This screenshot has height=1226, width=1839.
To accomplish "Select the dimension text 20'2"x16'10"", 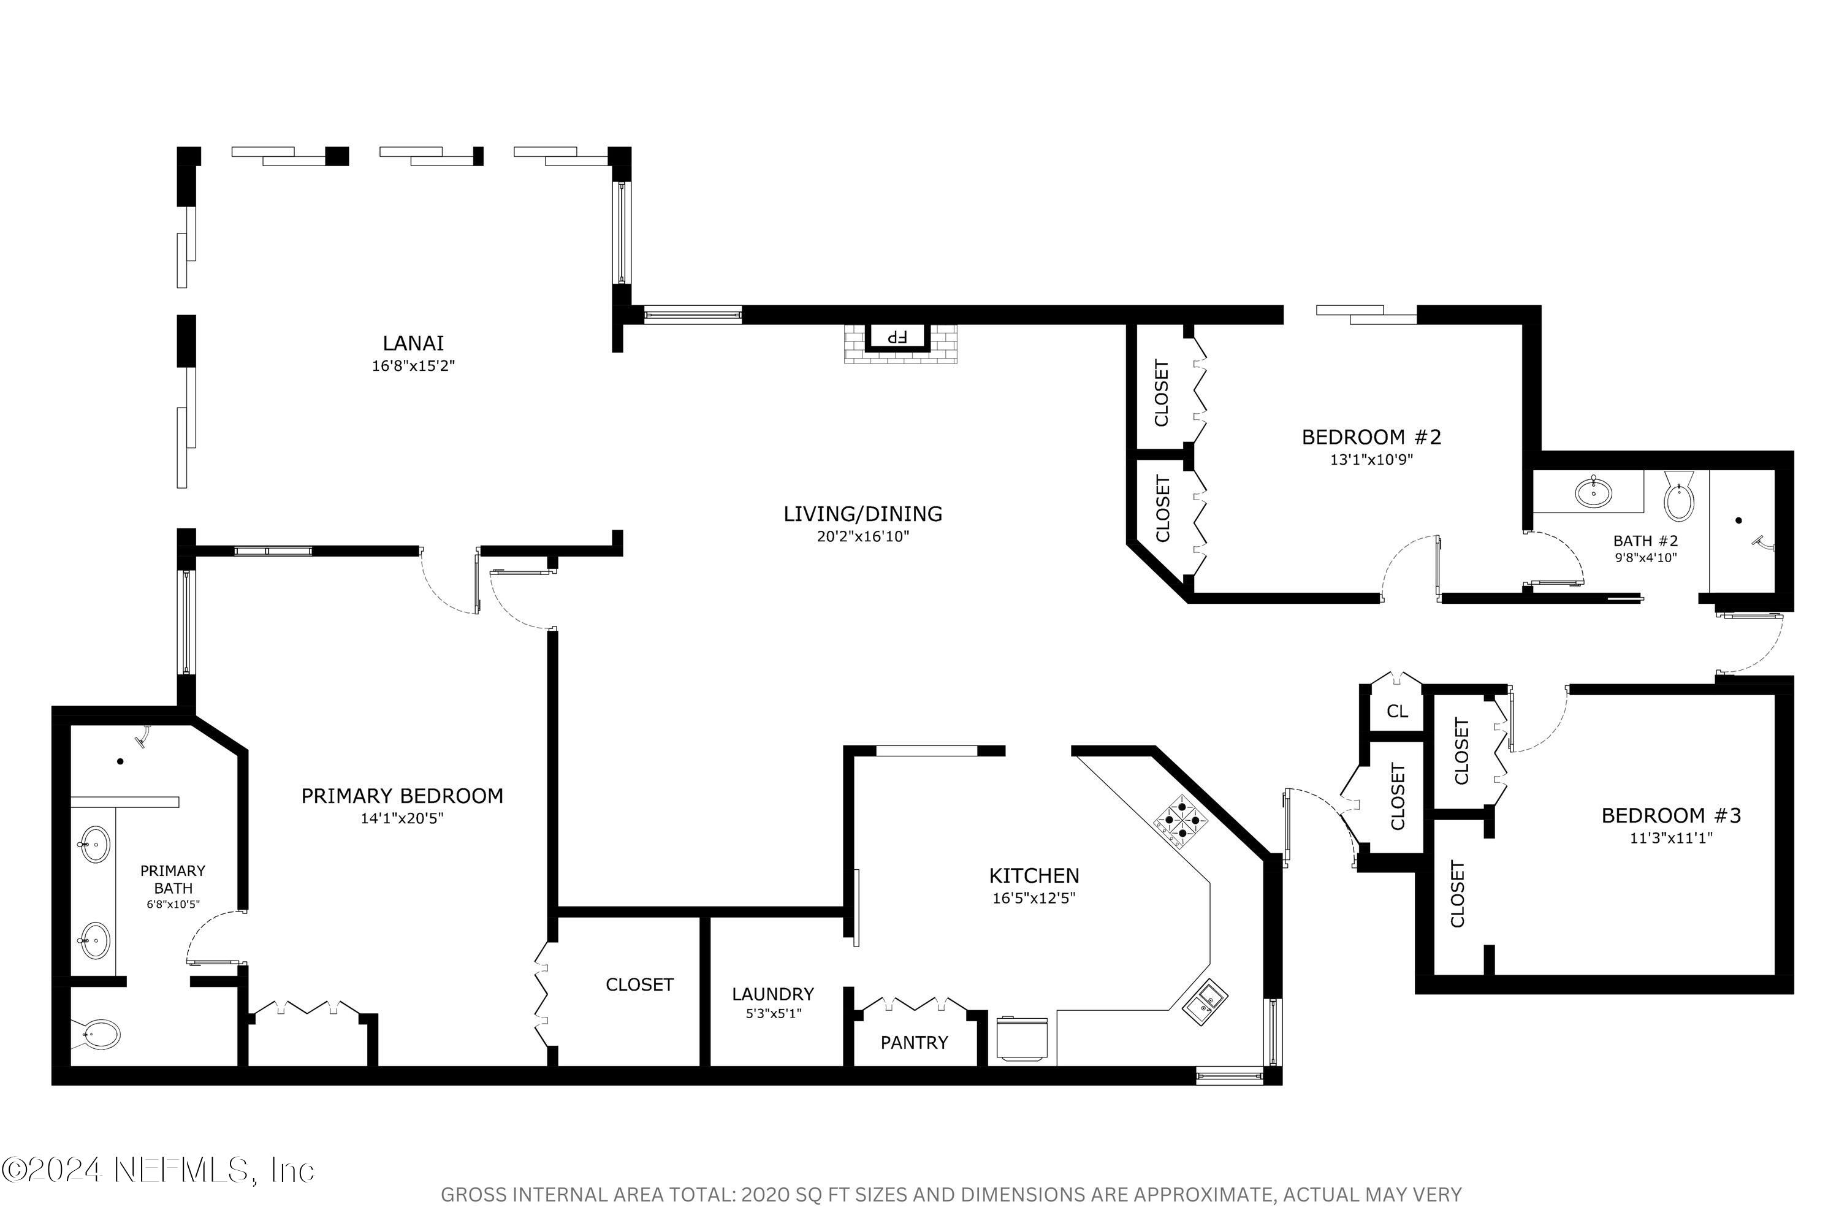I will [862, 537].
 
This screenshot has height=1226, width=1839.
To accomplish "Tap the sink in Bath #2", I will [1593, 493].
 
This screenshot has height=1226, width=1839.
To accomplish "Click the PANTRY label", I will [914, 1042].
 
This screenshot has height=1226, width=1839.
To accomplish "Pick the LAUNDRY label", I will [772, 994].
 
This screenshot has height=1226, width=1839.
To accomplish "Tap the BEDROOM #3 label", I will [1671, 815].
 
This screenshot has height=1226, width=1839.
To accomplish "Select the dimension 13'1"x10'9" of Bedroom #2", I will [1371, 460].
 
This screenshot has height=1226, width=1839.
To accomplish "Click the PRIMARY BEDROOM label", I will [402, 796].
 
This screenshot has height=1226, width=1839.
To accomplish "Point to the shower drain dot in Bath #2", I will [1738, 520].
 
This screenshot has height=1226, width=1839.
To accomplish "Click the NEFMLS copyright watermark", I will [158, 1170].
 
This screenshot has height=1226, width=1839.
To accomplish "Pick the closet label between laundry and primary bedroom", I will [639, 984].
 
